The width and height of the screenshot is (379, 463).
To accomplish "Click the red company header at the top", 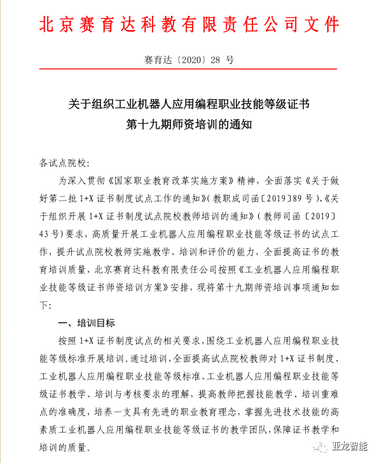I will coord(190,24).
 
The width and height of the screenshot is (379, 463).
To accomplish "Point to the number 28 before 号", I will coord(214,60).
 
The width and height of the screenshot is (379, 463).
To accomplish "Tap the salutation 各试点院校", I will coord(65,163).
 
